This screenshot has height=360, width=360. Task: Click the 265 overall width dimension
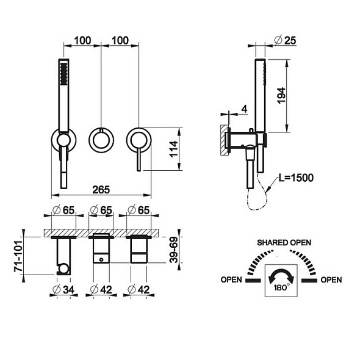(101, 190)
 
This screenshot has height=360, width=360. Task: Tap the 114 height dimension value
(174, 149)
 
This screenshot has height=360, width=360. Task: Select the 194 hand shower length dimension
(281, 96)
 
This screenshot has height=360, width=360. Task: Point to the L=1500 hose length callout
(296, 178)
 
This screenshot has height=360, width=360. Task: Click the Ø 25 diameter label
(286, 40)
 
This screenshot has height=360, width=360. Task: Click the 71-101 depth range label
(18, 256)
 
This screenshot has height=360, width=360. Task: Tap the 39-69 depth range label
(174, 250)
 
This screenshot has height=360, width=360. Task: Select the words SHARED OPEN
(284, 243)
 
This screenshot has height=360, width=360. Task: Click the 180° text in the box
(282, 287)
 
